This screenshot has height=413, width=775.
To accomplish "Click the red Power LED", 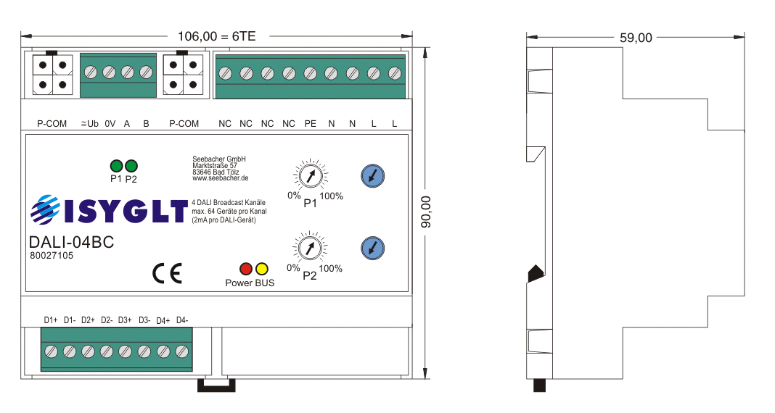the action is [x=246, y=269].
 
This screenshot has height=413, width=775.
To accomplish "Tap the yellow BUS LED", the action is [x=261, y=269].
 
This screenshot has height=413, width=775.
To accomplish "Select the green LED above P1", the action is [x=116, y=166].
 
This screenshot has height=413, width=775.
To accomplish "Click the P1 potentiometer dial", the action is [x=311, y=175].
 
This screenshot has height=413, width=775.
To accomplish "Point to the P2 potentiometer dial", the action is [x=309, y=249].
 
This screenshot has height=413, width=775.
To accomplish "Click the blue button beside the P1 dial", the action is [x=373, y=175].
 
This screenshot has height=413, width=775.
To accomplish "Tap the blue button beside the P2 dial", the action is [x=373, y=249].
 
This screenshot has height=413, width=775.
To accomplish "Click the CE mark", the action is [x=167, y=274].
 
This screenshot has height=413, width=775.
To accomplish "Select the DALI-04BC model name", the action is [x=72, y=242].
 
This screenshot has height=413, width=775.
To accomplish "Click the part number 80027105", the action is [x=52, y=256].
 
